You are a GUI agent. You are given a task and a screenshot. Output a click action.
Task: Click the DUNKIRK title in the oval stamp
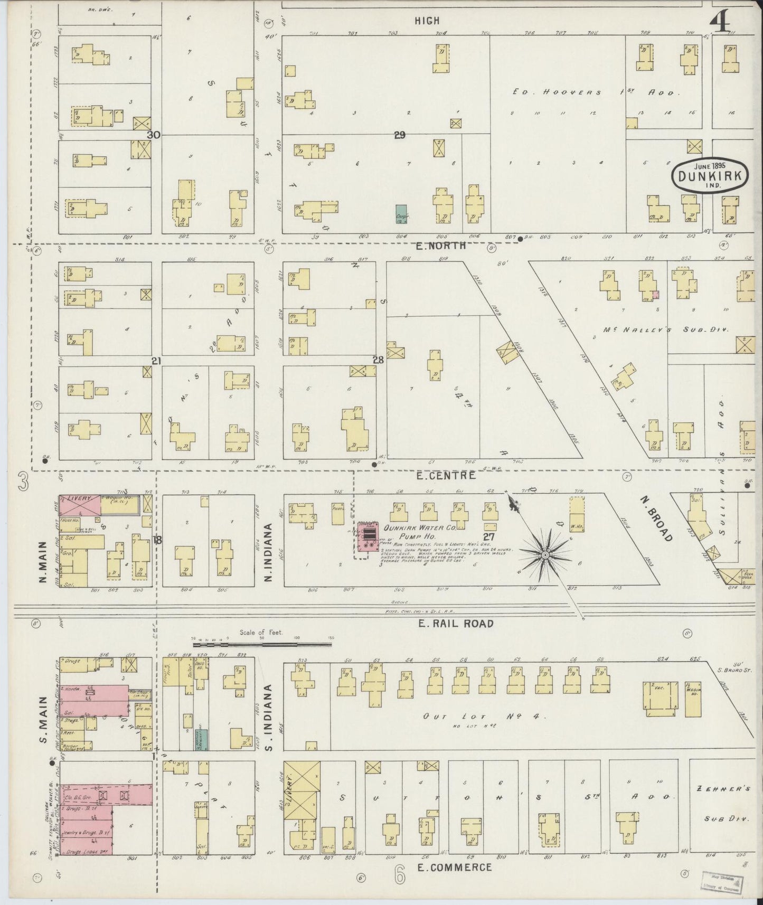(x=712, y=178)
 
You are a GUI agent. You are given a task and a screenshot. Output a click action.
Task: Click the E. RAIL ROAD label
(x=455, y=623)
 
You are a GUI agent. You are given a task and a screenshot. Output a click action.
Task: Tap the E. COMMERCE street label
(x=454, y=867)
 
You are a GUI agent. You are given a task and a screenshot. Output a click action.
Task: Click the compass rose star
(x=544, y=555)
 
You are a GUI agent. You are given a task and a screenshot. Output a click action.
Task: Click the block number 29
(x=399, y=135)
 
